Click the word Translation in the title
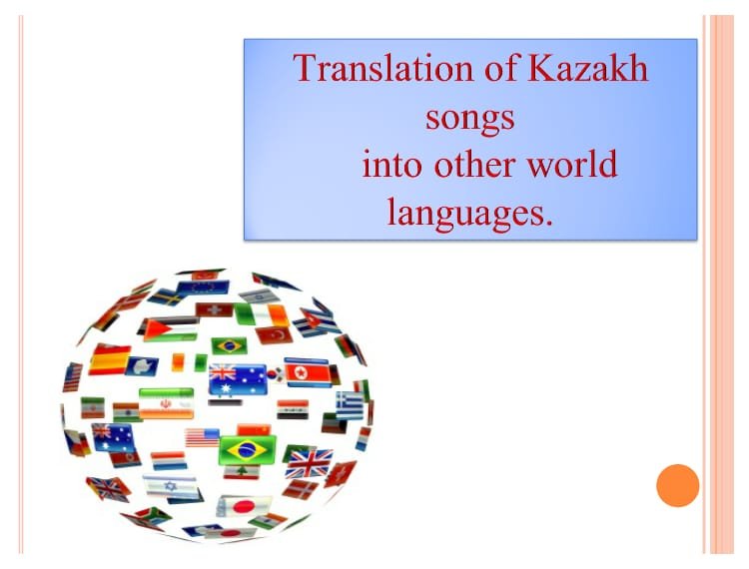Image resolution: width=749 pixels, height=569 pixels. pos(383,68)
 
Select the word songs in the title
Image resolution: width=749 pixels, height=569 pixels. pos(470,119)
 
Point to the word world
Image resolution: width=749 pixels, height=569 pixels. pos(572,164)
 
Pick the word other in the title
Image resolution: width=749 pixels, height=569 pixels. pos(474,164)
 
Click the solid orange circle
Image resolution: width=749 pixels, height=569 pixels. pos(677,485)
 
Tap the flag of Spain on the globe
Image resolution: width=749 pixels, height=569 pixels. pos(110,359)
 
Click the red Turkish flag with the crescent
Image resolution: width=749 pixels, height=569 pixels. pos(275,335)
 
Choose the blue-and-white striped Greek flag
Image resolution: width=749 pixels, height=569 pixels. pos(350,405)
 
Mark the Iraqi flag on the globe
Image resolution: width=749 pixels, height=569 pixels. pos(293,409)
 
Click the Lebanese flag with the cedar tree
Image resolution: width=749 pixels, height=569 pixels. pos(242,471)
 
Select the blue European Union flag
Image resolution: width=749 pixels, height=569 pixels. pos(204,287)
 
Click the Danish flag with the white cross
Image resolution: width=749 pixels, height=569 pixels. pos(300,489)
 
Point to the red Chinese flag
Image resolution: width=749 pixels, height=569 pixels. pos(254,430)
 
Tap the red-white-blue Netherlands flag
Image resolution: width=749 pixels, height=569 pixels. pos(169,460)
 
